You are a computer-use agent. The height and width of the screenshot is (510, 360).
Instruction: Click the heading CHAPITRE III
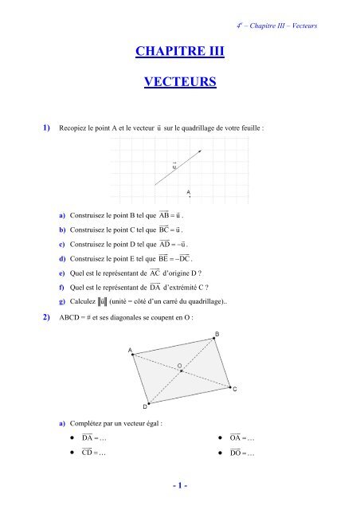tap(180, 53)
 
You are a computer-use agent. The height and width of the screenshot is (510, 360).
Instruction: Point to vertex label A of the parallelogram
tap(131, 350)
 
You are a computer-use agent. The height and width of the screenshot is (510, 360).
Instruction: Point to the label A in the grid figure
tap(189, 191)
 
